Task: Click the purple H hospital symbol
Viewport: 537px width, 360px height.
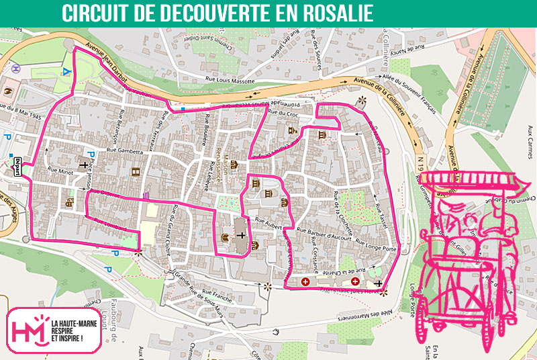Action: [x=15, y=68]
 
